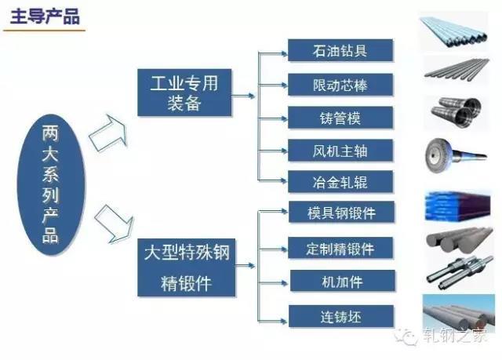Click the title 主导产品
click(x=45, y=16)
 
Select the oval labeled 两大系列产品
click(x=51, y=184)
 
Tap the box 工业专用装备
click(x=184, y=93)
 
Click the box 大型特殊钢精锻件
click(x=187, y=267)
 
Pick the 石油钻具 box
click(x=340, y=50)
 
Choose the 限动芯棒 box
click(x=340, y=85)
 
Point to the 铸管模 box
click(x=340, y=118)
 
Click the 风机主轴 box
click(x=340, y=151)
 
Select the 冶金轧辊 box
click(x=340, y=182)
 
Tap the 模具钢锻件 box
click(x=341, y=213)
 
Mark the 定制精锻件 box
click(x=340, y=248)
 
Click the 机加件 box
click(x=343, y=281)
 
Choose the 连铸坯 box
click(x=341, y=316)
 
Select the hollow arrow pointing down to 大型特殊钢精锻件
click(x=115, y=224)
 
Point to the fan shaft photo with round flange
click(x=456, y=155)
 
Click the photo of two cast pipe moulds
click(x=457, y=112)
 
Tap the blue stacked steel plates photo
click(x=458, y=205)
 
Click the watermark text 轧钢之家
click(x=455, y=336)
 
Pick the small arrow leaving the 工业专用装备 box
click(x=243, y=96)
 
